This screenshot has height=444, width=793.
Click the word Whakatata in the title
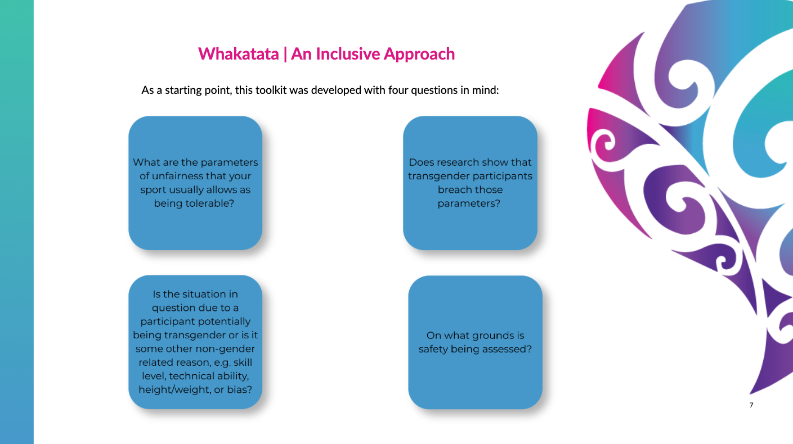239,54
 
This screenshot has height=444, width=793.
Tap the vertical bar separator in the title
285,55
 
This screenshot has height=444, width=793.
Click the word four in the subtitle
398,90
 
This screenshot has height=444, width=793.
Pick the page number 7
751,405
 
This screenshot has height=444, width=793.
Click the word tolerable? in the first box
194,203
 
